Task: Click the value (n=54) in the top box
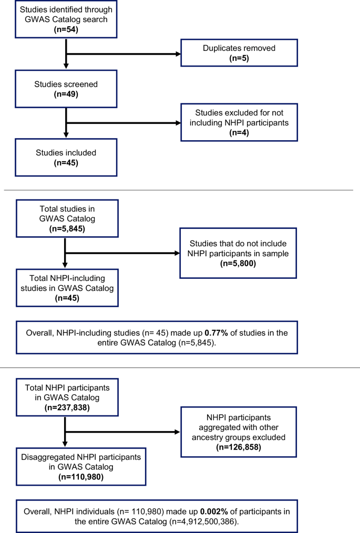pyautogui.click(x=66, y=29)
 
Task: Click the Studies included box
pyautogui.click(x=66, y=158)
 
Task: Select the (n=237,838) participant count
pyautogui.click(x=67, y=406)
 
